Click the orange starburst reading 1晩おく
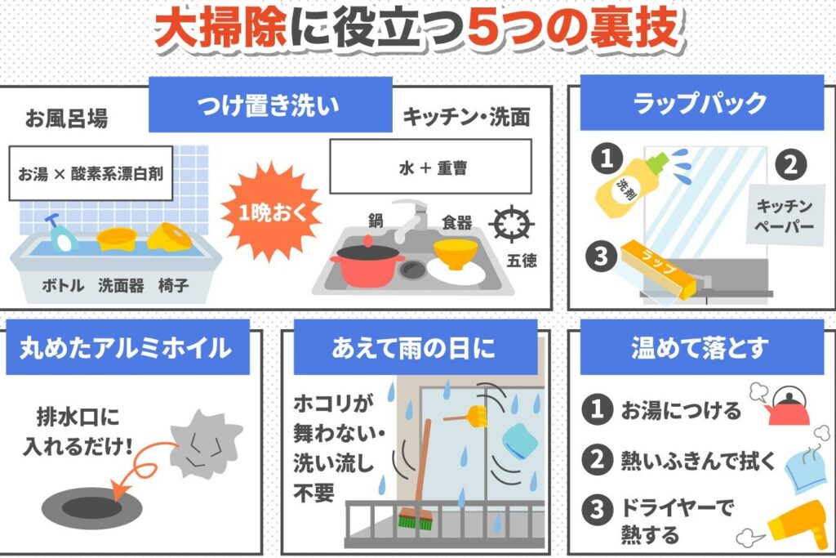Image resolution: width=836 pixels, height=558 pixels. (x=272, y=212)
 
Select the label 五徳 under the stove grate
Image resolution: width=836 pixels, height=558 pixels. (x=522, y=261)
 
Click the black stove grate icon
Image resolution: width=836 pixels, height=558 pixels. (x=511, y=224)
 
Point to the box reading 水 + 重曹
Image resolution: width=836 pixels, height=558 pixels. (x=431, y=167)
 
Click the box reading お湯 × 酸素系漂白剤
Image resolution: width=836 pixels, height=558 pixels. (x=91, y=173)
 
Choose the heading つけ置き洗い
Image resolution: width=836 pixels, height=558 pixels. (x=270, y=105)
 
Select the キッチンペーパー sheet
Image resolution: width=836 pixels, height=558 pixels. (x=785, y=214)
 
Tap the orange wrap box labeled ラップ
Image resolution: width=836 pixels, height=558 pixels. (x=659, y=269)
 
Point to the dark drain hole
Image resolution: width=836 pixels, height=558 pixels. (x=92, y=507)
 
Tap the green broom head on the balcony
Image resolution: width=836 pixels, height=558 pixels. (x=416, y=519)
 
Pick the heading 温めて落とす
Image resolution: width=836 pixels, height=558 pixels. (x=701, y=348)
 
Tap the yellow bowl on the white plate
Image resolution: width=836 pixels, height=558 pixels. (x=456, y=254)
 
